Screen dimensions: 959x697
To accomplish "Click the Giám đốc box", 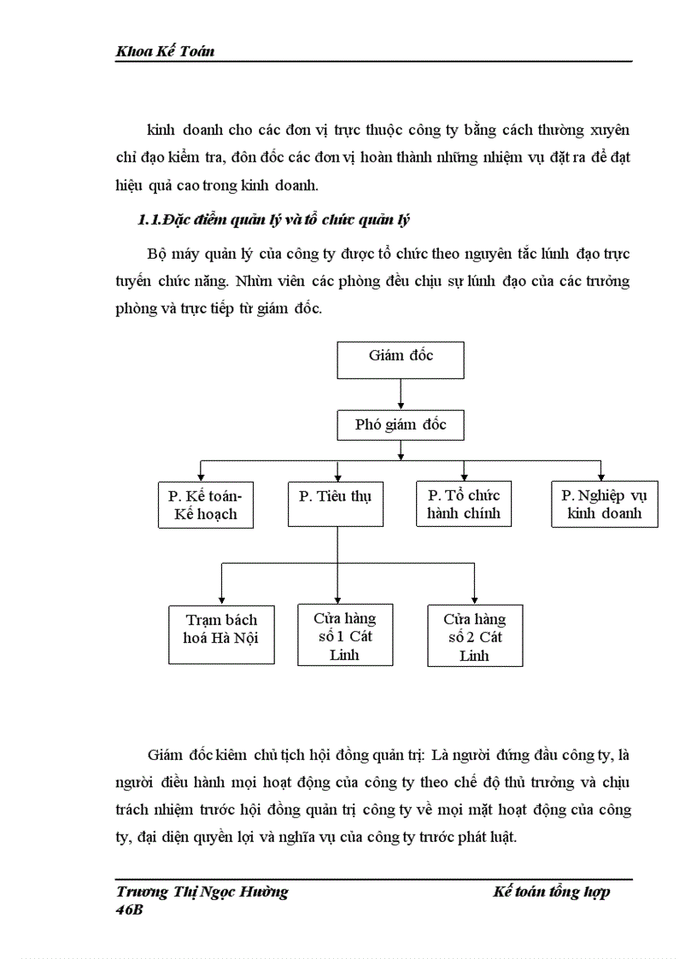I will click(401, 360).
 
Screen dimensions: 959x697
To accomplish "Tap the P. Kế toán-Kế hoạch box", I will click(206, 505).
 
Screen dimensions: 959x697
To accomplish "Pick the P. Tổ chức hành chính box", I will click(464, 505).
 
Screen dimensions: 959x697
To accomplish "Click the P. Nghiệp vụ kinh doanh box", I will click(604, 505).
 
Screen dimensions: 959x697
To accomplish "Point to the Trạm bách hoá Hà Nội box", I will click(221, 633).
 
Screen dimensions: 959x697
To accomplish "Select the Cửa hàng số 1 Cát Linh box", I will click(344, 635).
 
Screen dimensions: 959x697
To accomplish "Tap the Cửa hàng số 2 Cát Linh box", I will click(475, 636).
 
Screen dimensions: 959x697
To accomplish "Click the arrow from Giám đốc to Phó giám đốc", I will click(401, 394).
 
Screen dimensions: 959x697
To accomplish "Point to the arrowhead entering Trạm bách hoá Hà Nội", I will click(222, 599).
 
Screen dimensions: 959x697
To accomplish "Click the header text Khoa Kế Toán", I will click(164, 51).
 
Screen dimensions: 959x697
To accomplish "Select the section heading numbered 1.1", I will click(274, 221).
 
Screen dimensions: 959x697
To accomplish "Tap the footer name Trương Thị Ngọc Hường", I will click(202, 892).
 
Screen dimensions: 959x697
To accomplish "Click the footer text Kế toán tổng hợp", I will click(552, 892).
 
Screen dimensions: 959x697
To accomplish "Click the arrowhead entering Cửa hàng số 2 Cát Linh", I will click(474, 599).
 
